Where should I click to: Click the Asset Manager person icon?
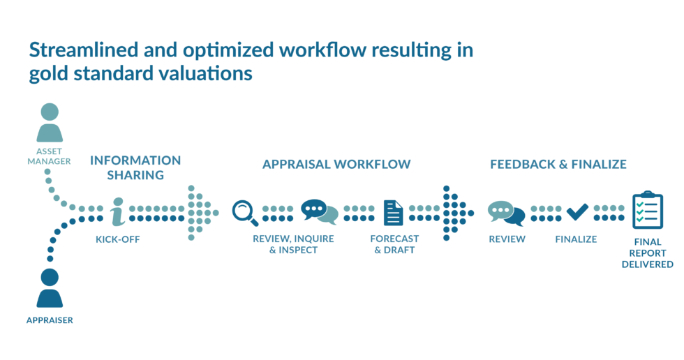[x=50, y=123]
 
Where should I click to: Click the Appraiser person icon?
[x=50, y=288]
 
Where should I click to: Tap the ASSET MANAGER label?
[x=50, y=156]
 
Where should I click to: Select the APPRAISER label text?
[x=50, y=320]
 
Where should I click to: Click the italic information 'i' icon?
[x=117, y=212]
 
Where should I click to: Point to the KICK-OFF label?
[x=117, y=239]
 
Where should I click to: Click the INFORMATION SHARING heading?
[x=135, y=167]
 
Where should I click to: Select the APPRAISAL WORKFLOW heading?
[x=336, y=165]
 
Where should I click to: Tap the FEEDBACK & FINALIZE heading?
[x=558, y=165]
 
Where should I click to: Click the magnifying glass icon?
[x=245, y=212]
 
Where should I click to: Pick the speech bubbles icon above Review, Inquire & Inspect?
[x=319, y=211]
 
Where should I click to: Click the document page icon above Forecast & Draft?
[x=394, y=213]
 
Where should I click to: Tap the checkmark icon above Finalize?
[x=577, y=211]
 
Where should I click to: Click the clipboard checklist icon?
[x=647, y=210]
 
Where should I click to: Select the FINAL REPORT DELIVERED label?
[x=647, y=253]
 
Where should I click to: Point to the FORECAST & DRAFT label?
[x=394, y=244]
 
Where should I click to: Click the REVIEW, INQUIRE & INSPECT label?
[x=293, y=244]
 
